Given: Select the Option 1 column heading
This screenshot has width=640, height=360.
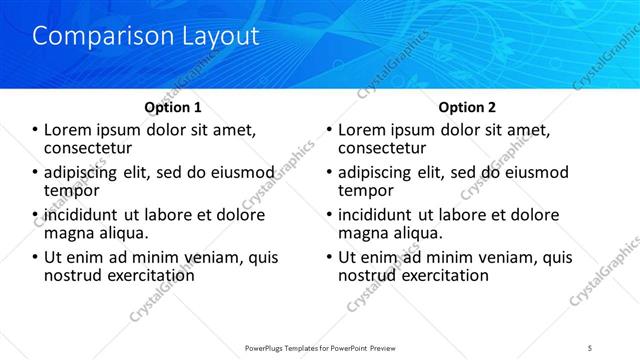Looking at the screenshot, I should [x=173, y=107].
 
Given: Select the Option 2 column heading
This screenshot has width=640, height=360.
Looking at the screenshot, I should [x=467, y=107].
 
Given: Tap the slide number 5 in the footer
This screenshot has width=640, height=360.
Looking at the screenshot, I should [x=590, y=347].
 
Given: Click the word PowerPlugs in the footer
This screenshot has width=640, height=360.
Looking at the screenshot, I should [x=270, y=347].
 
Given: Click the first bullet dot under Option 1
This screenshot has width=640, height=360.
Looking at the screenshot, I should [x=36, y=130].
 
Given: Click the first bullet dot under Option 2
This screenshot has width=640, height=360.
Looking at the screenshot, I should [x=331, y=130].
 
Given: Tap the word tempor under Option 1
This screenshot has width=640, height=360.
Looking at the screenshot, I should [x=72, y=190].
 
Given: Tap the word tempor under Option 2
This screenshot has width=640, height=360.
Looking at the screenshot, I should [x=366, y=190].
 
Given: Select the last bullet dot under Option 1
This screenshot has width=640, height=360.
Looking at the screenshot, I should [x=36, y=257].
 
